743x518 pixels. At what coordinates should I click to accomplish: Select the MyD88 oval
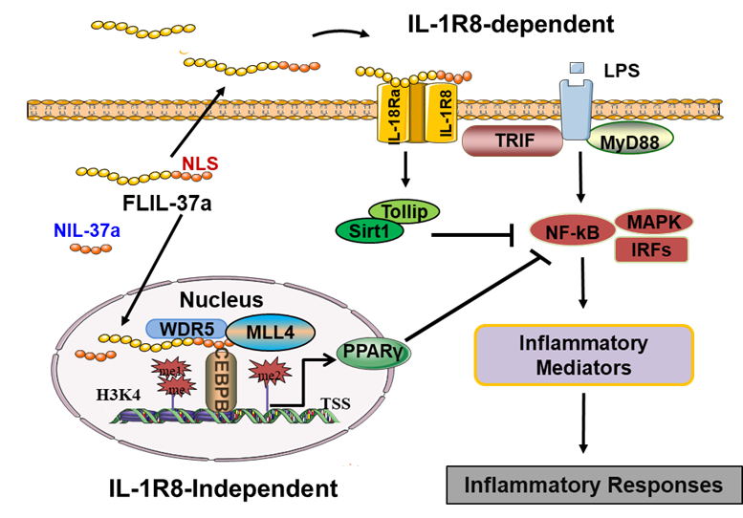coord(629,141)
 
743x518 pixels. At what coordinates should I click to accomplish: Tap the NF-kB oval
coord(570,231)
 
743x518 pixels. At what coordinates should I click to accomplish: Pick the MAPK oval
coord(654,222)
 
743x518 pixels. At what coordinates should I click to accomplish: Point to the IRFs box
coord(652,250)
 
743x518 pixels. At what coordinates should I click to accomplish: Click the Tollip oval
coord(404,211)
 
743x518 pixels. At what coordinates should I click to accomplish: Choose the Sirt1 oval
coord(369,230)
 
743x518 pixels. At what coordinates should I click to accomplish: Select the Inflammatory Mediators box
coord(583,355)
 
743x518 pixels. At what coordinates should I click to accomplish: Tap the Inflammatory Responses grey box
coord(593,486)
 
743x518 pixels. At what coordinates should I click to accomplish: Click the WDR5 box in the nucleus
coord(186,328)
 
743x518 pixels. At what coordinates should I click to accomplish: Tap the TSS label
coord(335,402)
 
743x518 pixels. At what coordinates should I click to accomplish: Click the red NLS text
coord(200,164)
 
